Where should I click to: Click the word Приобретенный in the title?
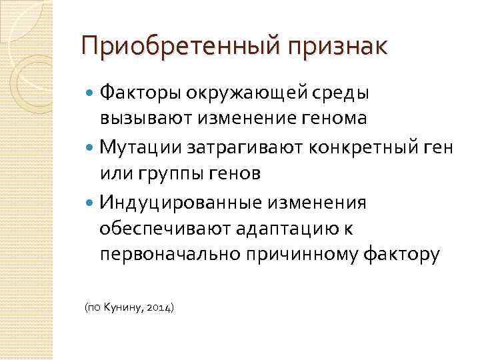tap(175, 48)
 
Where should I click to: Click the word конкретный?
tap(359, 146)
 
